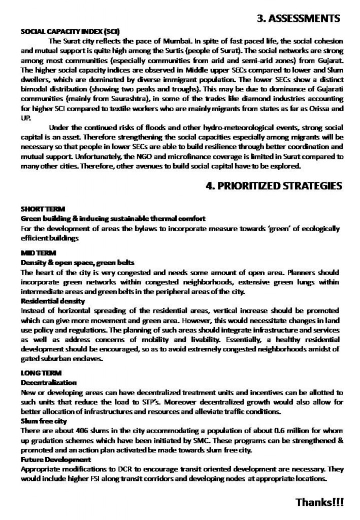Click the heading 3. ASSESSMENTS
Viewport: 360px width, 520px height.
click(x=298, y=19)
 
